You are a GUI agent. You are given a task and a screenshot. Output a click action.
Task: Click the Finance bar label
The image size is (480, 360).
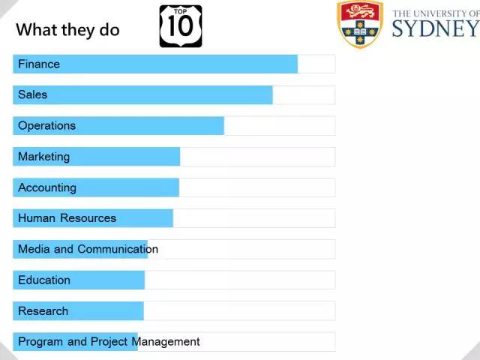pos(39,64)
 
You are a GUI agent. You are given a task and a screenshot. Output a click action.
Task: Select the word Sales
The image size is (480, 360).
pos(33,95)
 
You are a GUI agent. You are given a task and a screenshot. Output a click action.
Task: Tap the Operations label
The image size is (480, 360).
pos(46,126)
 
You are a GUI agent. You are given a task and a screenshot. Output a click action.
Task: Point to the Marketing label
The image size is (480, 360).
pos(43,157)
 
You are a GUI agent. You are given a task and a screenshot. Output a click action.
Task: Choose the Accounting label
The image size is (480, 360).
pos(47,187)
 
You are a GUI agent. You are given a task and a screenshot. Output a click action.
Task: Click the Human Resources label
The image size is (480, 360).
pos(67,218)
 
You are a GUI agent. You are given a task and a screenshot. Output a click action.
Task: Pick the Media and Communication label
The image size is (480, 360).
pos(88,249)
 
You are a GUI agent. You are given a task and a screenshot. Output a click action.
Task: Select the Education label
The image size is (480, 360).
pos(44,280)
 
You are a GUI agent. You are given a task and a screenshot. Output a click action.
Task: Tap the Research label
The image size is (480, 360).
pos(43,311)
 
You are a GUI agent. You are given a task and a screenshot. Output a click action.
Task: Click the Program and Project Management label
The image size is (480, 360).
pos(109,342)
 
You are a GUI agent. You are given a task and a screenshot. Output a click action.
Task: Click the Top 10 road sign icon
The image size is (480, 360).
pos(181,26)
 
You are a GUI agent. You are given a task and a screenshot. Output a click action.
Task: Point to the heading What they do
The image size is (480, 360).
pos(67,30)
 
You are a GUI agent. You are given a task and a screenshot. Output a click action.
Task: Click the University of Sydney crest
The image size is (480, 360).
pos(360,24)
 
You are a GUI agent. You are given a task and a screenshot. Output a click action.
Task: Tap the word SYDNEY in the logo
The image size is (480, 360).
pos(435,28)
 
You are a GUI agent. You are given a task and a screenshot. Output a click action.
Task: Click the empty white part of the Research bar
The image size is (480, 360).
pos(240,311)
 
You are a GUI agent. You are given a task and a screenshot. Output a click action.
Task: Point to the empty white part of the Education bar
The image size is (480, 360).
pos(240,280)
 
